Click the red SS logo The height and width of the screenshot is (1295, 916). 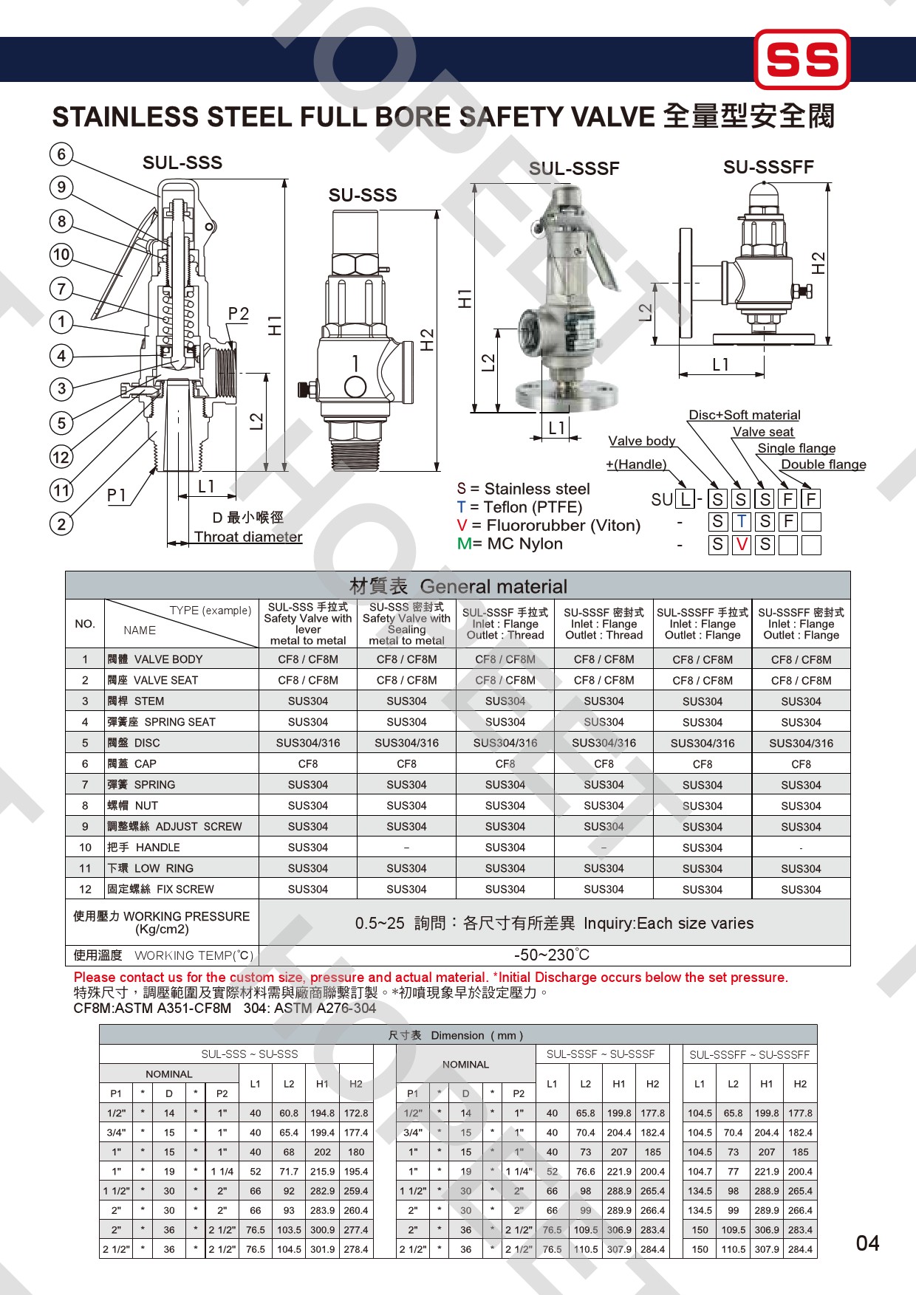(802, 59)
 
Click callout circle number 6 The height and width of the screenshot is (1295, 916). (61, 154)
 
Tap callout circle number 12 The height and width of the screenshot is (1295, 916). (61, 457)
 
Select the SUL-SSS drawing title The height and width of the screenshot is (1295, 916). (182, 162)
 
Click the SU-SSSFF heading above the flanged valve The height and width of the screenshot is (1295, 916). (768, 168)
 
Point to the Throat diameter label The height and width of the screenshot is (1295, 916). (248, 537)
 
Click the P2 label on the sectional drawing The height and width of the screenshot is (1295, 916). (239, 314)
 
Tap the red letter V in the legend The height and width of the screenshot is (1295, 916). (462, 526)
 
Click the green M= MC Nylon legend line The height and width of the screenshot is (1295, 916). (510, 544)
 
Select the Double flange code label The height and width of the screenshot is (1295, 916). (824, 464)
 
